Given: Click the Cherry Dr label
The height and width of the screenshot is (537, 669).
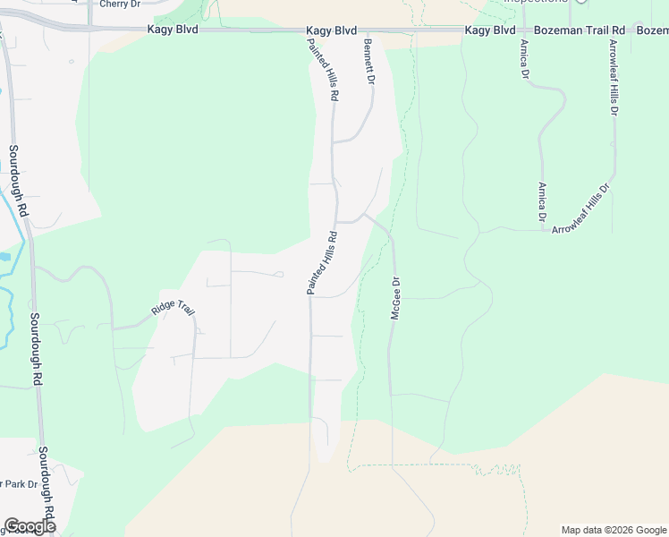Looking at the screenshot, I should coord(121,4).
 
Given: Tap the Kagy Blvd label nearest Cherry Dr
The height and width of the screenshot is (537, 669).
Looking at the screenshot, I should coord(173,30).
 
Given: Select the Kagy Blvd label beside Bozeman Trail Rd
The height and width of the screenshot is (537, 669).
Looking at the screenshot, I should coord(490,30).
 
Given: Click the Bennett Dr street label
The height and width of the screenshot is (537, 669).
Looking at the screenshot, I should coord(368,62).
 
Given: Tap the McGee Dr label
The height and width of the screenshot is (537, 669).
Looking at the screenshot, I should coord(394,298).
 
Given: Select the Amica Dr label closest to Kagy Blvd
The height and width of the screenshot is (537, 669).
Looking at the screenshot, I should coord(523,57).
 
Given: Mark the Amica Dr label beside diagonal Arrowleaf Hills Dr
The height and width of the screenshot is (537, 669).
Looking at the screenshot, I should coord(542,202).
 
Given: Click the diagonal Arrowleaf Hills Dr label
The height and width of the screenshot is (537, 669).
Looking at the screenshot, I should coord(580,210).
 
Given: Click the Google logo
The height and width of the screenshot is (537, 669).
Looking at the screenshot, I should coord(30,526).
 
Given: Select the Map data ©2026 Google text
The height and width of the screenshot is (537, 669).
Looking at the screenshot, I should coord(613,530).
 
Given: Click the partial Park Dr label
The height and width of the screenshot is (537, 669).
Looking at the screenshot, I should coord(18,484).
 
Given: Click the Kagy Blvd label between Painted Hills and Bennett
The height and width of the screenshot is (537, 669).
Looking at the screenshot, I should coord(333,30).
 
